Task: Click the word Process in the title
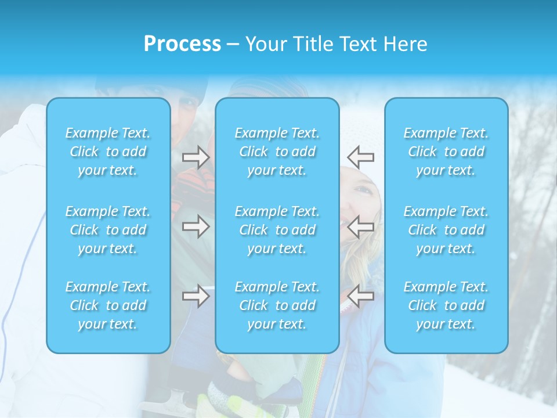click(182, 44)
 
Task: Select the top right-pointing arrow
click(196, 157)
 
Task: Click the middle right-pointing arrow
click(196, 226)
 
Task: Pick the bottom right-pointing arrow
click(196, 297)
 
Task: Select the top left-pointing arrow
click(361, 157)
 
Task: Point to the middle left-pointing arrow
click(361, 226)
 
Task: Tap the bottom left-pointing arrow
click(361, 297)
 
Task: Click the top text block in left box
click(108, 152)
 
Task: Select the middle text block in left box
click(108, 230)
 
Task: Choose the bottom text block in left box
click(108, 305)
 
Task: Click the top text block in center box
click(277, 152)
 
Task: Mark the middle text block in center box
click(277, 230)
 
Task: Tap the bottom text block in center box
click(277, 305)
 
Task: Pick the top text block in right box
click(446, 152)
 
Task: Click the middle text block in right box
click(446, 230)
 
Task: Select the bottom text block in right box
click(446, 305)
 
